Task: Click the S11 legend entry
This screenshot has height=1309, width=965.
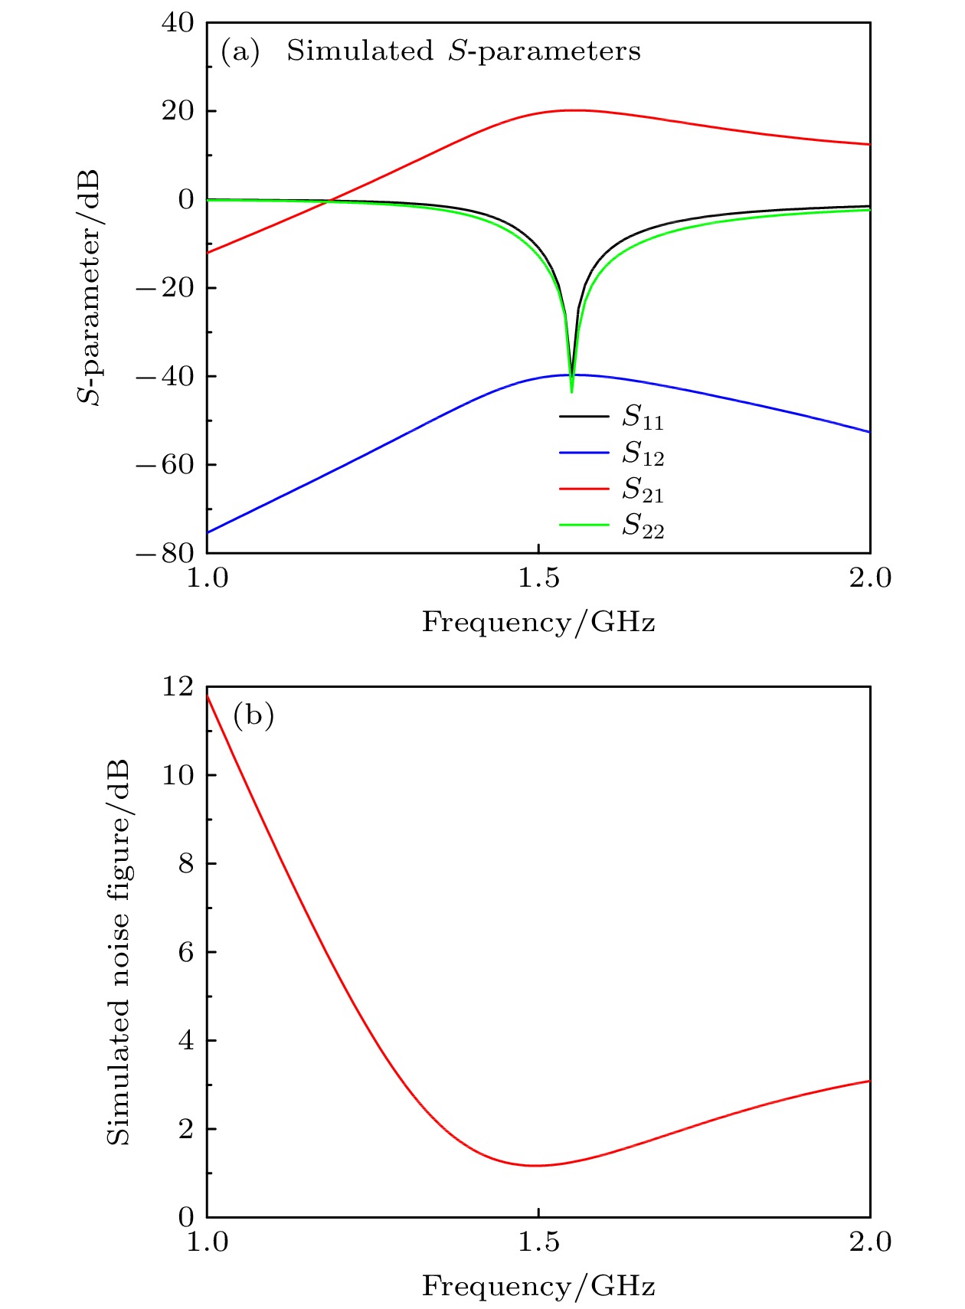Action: (642, 417)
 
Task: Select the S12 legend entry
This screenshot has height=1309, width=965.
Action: (642, 453)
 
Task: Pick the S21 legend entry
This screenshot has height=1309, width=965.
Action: (642, 489)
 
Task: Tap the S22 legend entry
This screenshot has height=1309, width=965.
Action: (642, 525)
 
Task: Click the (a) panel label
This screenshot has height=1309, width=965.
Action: (240, 51)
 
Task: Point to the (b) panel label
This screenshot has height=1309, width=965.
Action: (254, 715)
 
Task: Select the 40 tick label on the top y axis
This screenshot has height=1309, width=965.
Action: (178, 23)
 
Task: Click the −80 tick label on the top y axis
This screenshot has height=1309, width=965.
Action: (165, 553)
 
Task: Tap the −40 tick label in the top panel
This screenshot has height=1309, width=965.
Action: (165, 376)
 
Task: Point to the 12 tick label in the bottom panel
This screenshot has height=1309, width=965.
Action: (178, 686)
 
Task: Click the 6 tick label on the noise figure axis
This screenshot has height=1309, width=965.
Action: (186, 952)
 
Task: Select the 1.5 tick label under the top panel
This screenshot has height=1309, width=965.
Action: (538, 578)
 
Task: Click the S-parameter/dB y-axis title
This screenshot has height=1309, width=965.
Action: (90, 287)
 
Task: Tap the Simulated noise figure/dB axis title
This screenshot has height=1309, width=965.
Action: (118, 952)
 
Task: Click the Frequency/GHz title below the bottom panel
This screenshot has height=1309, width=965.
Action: (538, 1285)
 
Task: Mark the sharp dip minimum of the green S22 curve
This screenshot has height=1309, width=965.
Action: (571, 391)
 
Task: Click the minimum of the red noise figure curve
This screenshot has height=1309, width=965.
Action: (535, 1166)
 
